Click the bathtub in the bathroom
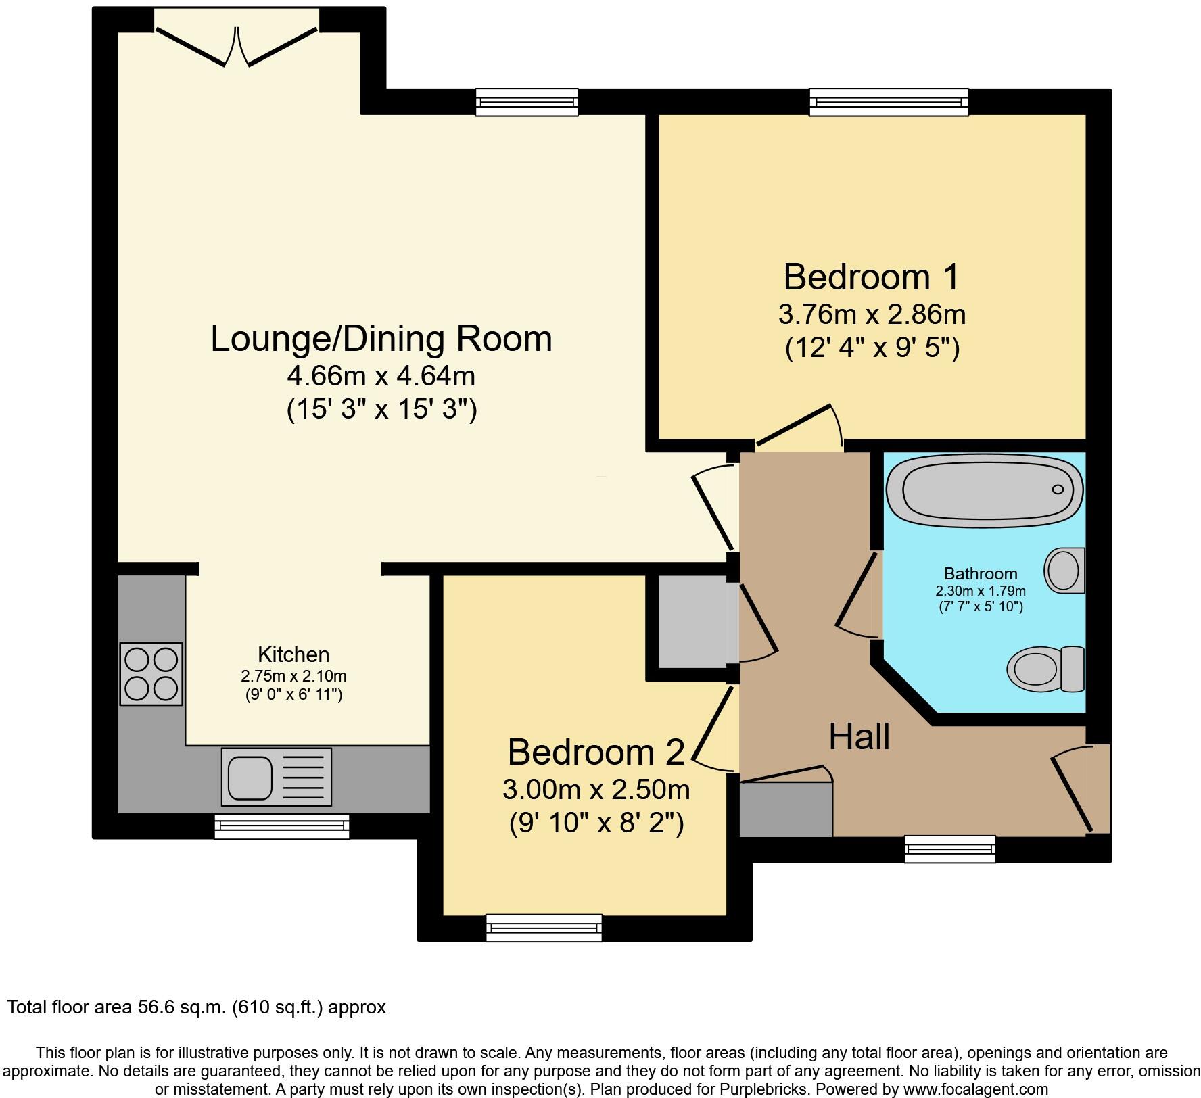[985, 490]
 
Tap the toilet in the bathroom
[1045, 669]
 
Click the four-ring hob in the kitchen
[151, 674]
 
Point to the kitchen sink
[277, 777]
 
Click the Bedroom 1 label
[871, 277]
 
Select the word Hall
[859, 736]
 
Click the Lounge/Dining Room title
[381, 338]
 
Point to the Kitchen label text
[293, 654]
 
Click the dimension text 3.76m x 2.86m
[872, 314]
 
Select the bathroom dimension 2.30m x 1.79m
[981, 591]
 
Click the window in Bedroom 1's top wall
[889, 101]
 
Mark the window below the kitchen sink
[282, 826]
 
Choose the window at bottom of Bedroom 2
[544, 928]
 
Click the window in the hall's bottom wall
[950, 849]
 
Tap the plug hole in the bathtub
[1058, 490]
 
